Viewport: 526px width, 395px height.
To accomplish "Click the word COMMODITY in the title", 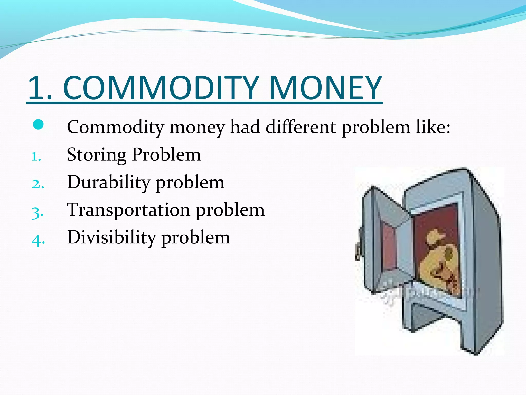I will pyautogui.click(x=161, y=88).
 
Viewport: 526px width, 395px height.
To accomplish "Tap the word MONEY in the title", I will pyautogui.click(x=326, y=88).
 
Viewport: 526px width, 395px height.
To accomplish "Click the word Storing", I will pyautogui.click(x=96, y=155).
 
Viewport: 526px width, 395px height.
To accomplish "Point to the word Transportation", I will pyautogui.click(x=128, y=210).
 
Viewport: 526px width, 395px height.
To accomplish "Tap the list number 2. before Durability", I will pyautogui.click(x=38, y=184).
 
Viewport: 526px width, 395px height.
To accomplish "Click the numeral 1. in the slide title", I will pyautogui.click(x=40, y=88).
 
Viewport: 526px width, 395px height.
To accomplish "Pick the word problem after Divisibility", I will pyautogui.click(x=196, y=238).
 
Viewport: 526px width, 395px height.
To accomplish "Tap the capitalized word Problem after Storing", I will pyautogui.click(x=166, y=155).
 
